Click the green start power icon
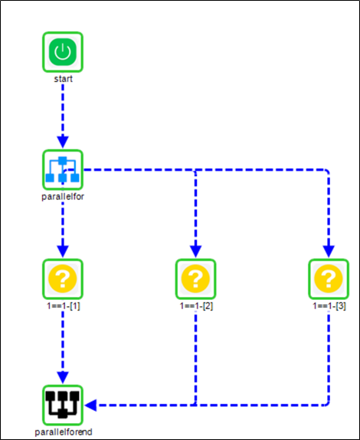(62, 52)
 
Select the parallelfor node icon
(62, 170)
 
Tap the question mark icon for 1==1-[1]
(62, 279)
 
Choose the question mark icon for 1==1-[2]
(195, 279)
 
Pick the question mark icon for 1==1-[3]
(328, 279)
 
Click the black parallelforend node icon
(62, 405)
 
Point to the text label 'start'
(62, 78)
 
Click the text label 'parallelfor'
(62, 196)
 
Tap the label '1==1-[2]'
(196, 305)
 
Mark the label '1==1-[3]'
(329, 305)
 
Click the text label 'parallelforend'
(64, 432)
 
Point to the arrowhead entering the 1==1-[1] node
(62, 252)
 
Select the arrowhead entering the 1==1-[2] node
(195, 252)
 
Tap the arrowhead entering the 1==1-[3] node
(328, 252)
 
